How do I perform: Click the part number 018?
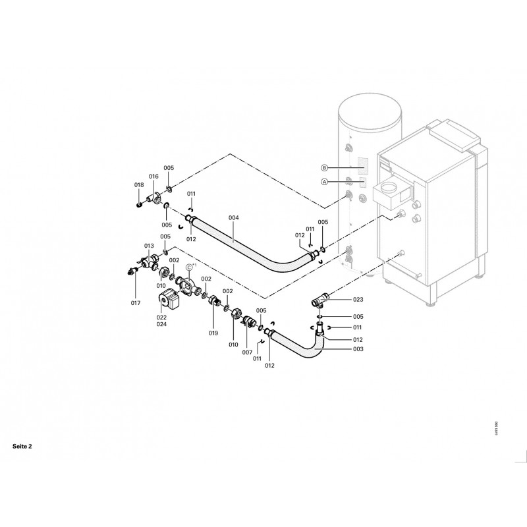(x=139, y=185)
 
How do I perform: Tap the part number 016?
(x=153, y=177)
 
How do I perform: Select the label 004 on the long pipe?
(x=234, y=218)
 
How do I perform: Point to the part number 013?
(x=149, y=245)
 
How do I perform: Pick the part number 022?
(x=161, y=317)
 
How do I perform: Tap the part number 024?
(x=161, y=324)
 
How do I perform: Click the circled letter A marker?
(x=323, y=181)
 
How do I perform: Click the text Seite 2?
(x=22, y=446)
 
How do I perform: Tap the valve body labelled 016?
(x=155, y=195)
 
